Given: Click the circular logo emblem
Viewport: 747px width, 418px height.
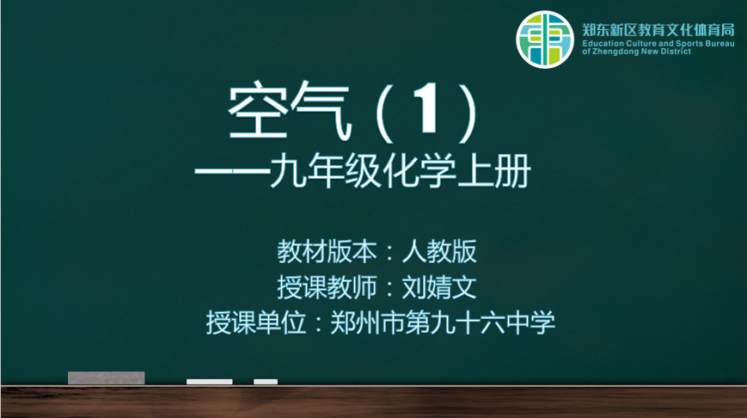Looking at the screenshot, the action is (x=545, y=40).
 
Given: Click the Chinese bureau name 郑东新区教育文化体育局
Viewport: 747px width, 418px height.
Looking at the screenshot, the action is (x=658, y=30).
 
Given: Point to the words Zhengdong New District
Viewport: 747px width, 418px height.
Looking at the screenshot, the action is (x=641, y=52).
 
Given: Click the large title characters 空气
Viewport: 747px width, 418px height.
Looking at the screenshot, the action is (x=291, y=112).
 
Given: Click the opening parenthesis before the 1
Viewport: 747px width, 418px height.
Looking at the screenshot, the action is (x=385, y=113).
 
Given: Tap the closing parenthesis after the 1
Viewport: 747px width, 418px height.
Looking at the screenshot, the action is (x=468, y=113).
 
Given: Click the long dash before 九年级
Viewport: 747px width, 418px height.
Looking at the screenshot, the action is (x=231, y=173).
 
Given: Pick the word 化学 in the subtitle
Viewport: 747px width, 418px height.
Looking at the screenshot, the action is (x=419, y=171).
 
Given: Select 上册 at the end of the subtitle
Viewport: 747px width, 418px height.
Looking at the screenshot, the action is (x=494, y=171).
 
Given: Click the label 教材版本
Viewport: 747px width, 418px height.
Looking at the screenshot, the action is (x=327, y=252).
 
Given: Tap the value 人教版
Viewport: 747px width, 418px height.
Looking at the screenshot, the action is (x=439, y=252).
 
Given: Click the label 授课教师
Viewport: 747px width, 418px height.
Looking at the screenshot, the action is (x=327, y=287).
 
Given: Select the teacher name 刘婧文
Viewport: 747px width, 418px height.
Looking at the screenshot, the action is (x=439, y=287).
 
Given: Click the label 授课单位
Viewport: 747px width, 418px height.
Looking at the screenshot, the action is (x=256, y=323).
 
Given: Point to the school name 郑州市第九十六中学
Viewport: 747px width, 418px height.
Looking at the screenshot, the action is (x=443, y=323).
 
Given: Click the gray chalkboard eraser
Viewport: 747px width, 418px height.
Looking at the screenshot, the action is (x=107, y=378).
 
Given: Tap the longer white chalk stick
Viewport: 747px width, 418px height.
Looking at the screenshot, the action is (x=210, y=382).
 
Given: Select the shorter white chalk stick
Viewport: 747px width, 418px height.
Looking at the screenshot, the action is (x=266, y=382).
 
